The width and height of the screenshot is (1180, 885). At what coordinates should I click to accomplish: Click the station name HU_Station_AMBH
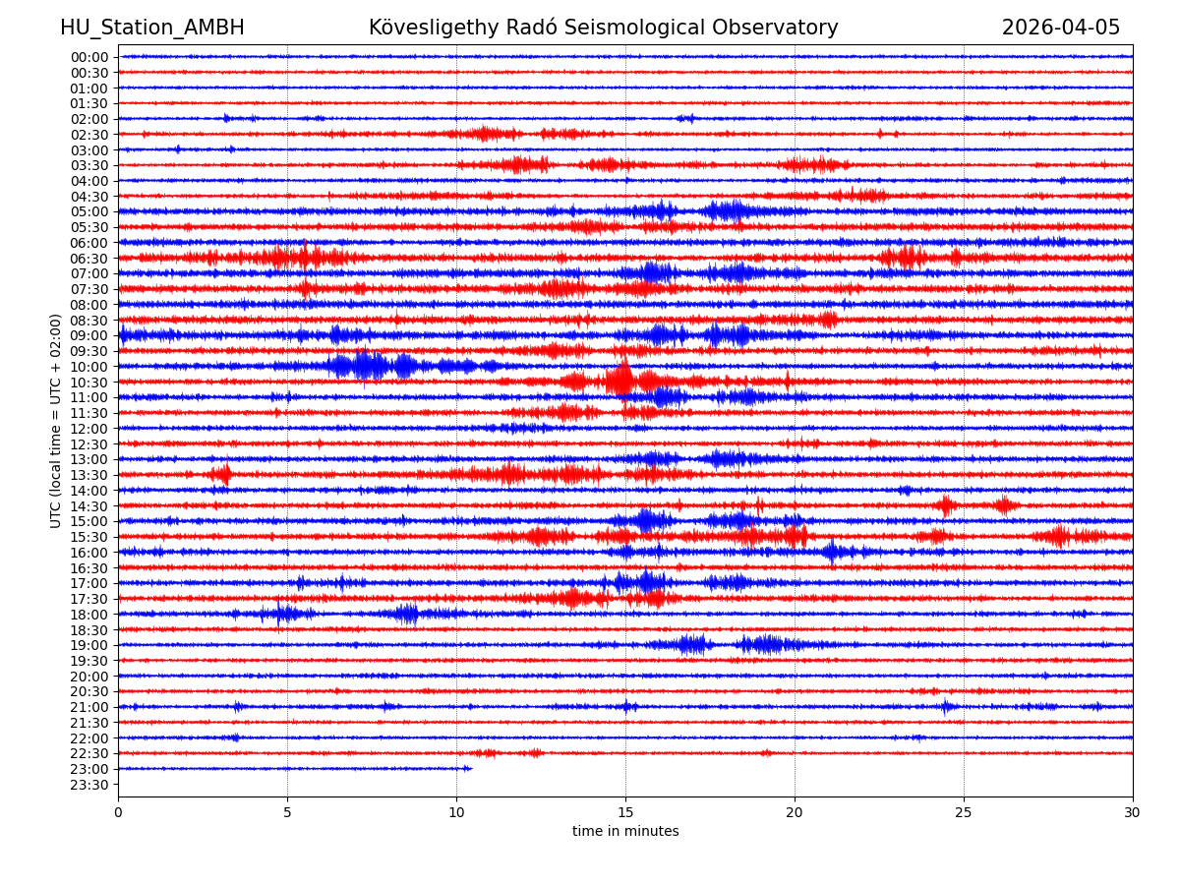tap(152, 29)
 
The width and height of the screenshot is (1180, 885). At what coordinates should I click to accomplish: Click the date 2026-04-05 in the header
tap(1060, 29)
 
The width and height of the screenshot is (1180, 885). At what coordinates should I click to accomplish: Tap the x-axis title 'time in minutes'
tap(625, 832)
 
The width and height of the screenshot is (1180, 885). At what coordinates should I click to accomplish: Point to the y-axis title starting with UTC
tap(56, 421)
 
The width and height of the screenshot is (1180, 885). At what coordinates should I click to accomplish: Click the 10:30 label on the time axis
tap(88, 383)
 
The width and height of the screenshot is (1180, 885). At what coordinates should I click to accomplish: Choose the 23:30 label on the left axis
tap(88, 785)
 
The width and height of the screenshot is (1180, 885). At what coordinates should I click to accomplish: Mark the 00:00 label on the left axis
tap(88, 57)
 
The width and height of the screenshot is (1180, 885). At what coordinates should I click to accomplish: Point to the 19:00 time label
tap(88, 645)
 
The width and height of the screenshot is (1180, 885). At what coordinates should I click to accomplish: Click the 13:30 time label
tap(88, 475)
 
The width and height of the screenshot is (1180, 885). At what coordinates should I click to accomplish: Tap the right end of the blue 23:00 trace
tap(470, 768)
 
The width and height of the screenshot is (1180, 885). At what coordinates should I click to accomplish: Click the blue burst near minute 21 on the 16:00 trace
tap(832, 552)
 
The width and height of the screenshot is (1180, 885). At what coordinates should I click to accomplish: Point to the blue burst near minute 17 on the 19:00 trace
tap(693, 645)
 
